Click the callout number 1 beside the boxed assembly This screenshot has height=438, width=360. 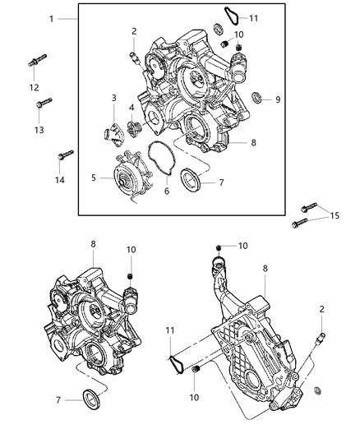[x=51, y=17]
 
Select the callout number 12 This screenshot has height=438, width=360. [x=34, y=87]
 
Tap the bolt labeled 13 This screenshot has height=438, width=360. [x=43, y=106]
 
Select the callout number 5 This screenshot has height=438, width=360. [x=94, y=176]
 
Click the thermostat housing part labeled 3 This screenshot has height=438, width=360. [x=113, y=133]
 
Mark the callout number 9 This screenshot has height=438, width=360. [x=278, y=99]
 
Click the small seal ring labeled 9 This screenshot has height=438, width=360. [x=256, y=98]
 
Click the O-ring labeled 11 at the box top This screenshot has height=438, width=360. [x=233, y=14]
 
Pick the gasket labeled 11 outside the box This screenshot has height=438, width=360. [x=175, y=362]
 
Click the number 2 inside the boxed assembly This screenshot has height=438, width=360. [x=133, y=32]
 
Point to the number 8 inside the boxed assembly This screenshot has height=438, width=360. [x=253, y=142]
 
